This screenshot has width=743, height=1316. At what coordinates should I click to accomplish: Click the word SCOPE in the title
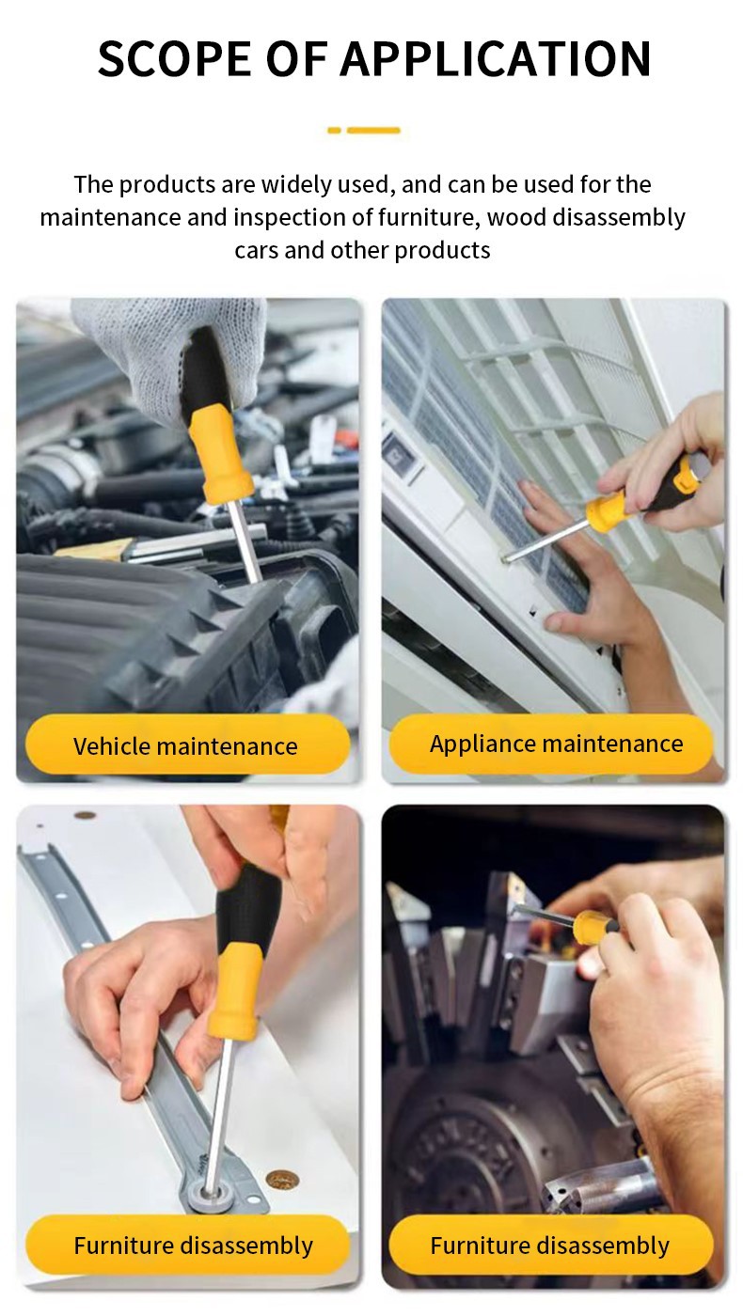[176, 59]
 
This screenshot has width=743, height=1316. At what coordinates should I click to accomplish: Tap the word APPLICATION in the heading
[495, 59]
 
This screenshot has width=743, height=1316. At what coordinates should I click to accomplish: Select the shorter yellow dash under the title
[334, 131]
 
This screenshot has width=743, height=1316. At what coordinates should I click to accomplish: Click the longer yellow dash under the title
[373, 131]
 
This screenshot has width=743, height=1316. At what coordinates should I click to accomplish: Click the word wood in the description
[517, 217]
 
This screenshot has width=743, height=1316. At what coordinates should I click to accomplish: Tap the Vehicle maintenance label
[185, 746]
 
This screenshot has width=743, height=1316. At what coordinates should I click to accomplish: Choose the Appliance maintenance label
[556, 744]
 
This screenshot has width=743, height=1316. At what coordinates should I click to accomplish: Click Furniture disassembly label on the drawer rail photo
[193, 1246]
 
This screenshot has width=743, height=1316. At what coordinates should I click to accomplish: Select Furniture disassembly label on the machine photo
[549, 1246]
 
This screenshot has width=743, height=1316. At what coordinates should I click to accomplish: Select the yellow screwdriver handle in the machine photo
[594, 923]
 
